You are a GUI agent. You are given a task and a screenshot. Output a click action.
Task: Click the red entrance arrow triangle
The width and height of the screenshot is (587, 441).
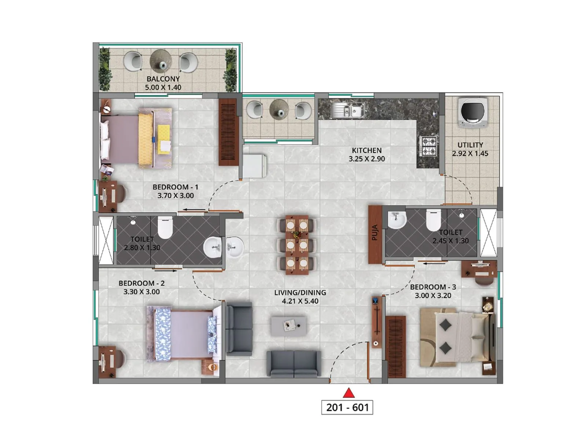point(349,394)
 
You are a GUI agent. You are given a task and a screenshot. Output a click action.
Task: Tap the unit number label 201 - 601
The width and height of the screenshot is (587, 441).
point(347,408)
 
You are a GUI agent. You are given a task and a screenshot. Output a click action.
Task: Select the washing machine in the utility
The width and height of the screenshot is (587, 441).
point(473,112)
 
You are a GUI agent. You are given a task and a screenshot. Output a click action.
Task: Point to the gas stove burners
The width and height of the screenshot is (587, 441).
point(428,146)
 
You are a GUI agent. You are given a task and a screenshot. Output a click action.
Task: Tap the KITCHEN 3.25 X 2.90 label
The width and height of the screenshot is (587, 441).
point(367,155)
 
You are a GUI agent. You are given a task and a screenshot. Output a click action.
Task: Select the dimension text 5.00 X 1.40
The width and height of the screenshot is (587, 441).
point(163,87)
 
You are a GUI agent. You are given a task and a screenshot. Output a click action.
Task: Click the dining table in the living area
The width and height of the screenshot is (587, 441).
point(297,245)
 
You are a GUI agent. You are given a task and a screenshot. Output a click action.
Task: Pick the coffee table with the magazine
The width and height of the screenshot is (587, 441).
point(289,326)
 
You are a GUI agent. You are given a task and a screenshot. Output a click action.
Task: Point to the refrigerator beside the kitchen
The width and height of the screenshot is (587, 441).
point(254,166)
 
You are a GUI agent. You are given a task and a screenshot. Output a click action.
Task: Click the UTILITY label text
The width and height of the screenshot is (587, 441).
point(470,145)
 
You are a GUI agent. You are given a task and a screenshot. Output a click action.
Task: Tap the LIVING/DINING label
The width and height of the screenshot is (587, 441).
point(300,293)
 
